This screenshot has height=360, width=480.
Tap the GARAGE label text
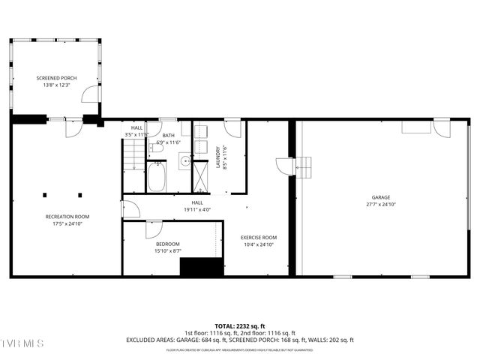381,197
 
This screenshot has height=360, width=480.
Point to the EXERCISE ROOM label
259,238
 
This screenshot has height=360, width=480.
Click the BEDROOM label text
168,244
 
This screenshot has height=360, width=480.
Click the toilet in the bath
157,149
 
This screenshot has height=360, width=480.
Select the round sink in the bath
184,159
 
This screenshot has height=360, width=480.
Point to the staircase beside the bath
133,157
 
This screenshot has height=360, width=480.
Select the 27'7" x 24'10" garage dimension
381,205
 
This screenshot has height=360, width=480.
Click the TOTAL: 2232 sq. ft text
240,326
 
